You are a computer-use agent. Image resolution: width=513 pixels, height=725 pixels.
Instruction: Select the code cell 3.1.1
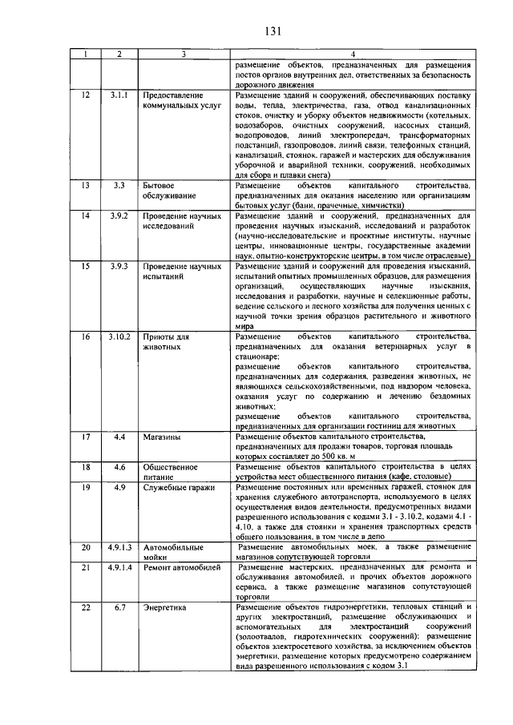(119, 95)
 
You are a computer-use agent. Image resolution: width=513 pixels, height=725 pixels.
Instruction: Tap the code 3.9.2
(119, 216)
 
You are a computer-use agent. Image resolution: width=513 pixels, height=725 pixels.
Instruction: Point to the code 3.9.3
(119, 265)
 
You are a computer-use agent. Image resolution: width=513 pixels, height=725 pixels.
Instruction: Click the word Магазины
(161, 437)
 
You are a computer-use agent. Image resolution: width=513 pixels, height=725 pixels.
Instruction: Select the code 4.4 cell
(119, 437)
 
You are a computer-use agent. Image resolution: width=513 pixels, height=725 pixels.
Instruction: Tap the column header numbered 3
(184, 54)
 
